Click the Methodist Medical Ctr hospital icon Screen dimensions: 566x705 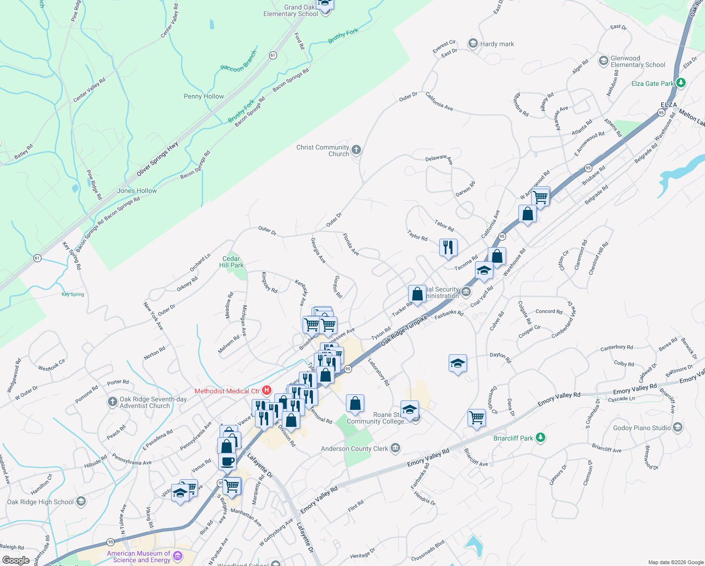pyautogui.click(x=267, y=391)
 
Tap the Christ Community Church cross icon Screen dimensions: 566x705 pyautogui.click(x=356, y=150)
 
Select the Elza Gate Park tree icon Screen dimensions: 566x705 pyautogui.click(x=680, y=83)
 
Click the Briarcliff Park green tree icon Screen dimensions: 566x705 pyautogui.click(x=541, y=438)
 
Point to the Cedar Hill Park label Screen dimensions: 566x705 pyautogui.click(x=231, y=262)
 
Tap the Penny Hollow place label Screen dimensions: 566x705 pyautogui.click(x=204, y=96)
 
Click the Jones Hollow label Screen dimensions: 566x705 pyautogui.click(x=137, y=191)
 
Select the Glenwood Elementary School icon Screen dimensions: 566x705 pyautogui.click(x=603, y=61)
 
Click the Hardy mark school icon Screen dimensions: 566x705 pyautogui.click(x=473, y=43)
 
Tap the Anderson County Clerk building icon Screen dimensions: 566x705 pyautogui.click(x=395, y=448)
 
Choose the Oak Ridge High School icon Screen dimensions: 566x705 pyautogui.click(x=81, y=501)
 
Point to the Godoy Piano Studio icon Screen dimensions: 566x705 pyautogui.click(x=678, y=428)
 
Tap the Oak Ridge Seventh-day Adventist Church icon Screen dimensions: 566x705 pyautogui.click(x=112, y=402)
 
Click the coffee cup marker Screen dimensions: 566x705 pyautogui.click(x=227, y=461)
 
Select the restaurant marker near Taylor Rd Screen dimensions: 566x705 pyautogui.click(x=448, y=247)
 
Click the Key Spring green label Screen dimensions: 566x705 pyautogui.click(x=73, y=294)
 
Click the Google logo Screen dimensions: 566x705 pyautogui.click(x=16, y=560)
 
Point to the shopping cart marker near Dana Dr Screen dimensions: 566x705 pyautogui.click(x=477, y=417)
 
